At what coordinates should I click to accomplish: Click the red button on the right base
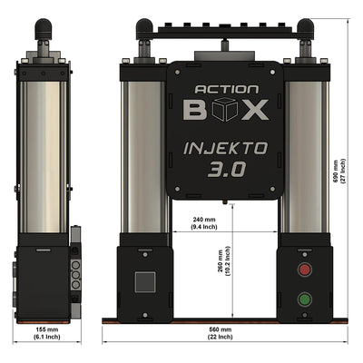[x=304, y=270]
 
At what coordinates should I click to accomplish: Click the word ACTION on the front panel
[x=227, y=91]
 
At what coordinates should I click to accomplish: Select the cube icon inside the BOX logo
[x=227, y=111]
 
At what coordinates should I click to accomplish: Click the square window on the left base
[x=145, y=282]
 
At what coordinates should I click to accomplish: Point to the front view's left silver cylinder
[x=145, y=150]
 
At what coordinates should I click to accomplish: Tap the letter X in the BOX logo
[x=257, y=111]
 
